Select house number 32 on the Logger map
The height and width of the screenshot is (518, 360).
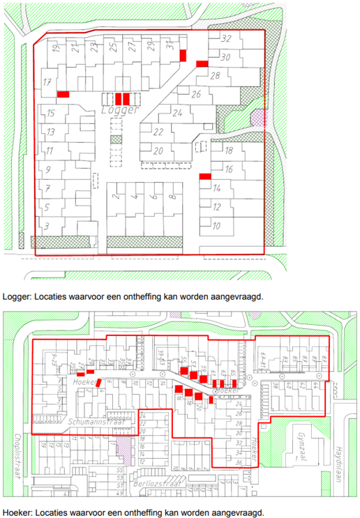tap(225, 39)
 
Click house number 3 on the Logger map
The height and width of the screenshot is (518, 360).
tap(46, 225)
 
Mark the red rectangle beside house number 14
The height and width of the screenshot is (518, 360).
tap(205, 176)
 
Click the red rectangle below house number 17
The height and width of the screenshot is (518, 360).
tap(63, 94)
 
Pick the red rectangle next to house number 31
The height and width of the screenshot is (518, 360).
tap(183, 55)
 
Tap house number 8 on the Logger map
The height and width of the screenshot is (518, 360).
tap(171, 198)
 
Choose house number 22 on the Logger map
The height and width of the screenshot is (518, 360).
tap(158, 132)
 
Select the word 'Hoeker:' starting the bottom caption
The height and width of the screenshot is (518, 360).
tap(17, 511)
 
